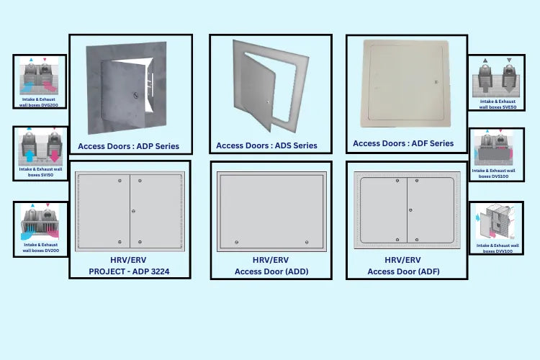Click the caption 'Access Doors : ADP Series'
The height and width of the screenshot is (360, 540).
pyautogui.click(x=128, y=146)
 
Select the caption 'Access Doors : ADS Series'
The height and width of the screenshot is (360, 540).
pyautogui.click(x=266, y=145)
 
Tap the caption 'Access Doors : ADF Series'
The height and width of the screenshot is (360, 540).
pyautogui.click(x=403, y=143)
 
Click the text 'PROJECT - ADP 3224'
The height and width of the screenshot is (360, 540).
pyautogui.click(x=130, y=271)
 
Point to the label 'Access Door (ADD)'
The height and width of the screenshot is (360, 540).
pyautogui.click(x=271, y=271)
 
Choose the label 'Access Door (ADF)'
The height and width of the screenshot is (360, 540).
pyautogui.click(x=403, y=271)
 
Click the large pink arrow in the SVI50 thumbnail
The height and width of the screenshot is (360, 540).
pyautogui.click(x=53, y=156)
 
